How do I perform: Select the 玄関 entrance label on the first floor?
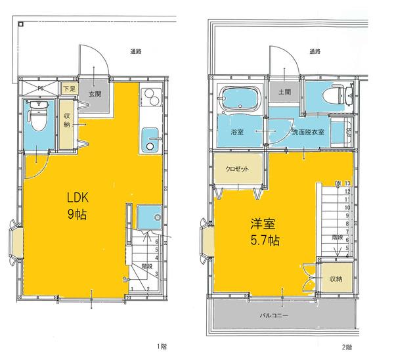click(95, 94)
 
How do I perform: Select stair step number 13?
click(347, 183)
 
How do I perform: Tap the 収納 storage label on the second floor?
click(336, 279)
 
